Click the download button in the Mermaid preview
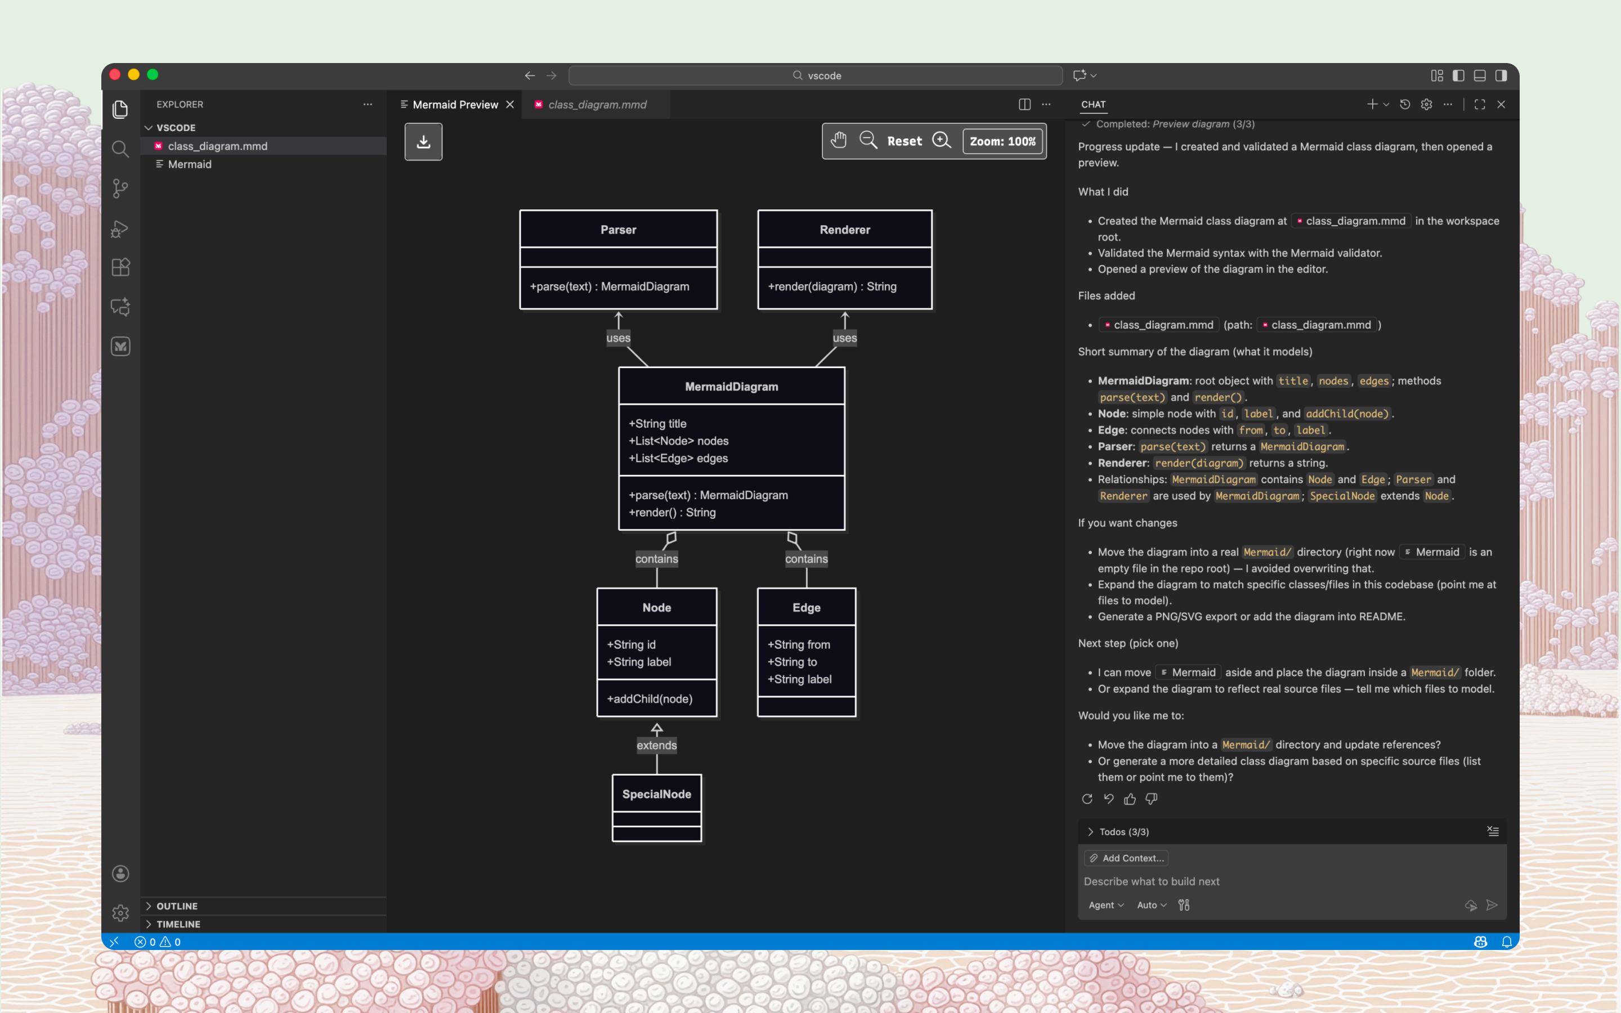tap(423, 141)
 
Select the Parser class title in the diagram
tap(617, 230)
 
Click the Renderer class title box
tap(845, 230)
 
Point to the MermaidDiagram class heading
tap(732, 387)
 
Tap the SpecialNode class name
tap(656, 794)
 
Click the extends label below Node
tap(656, 745)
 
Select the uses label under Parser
tap(617, 338)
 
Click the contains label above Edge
tap(807, 559)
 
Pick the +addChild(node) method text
tap(650, 699)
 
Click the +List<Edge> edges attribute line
tap(678, 458)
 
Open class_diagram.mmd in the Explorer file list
tap(218, 146)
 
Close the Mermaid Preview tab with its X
tap(510, 105)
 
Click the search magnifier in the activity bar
tap(120, 149)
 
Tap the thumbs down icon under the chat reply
tap(1152, 799)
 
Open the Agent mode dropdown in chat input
tap(1106, 905)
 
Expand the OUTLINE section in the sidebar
tap(177, 906)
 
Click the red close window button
tap(115, 74)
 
